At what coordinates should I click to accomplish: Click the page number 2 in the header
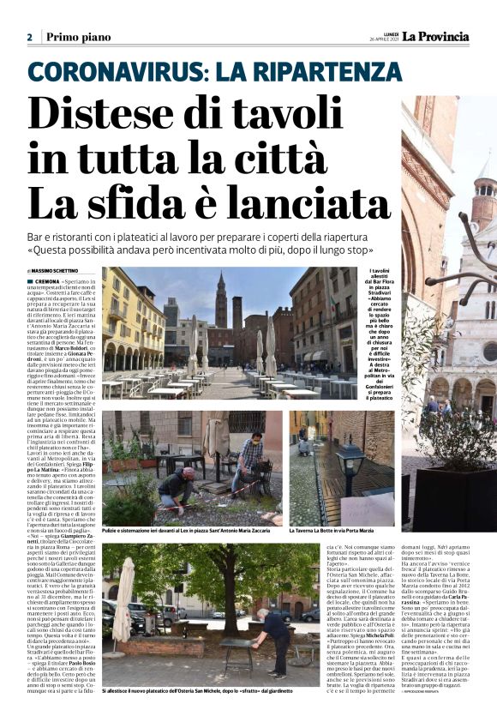[x=29, y=37]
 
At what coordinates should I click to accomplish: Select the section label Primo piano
[x=79, y=37]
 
